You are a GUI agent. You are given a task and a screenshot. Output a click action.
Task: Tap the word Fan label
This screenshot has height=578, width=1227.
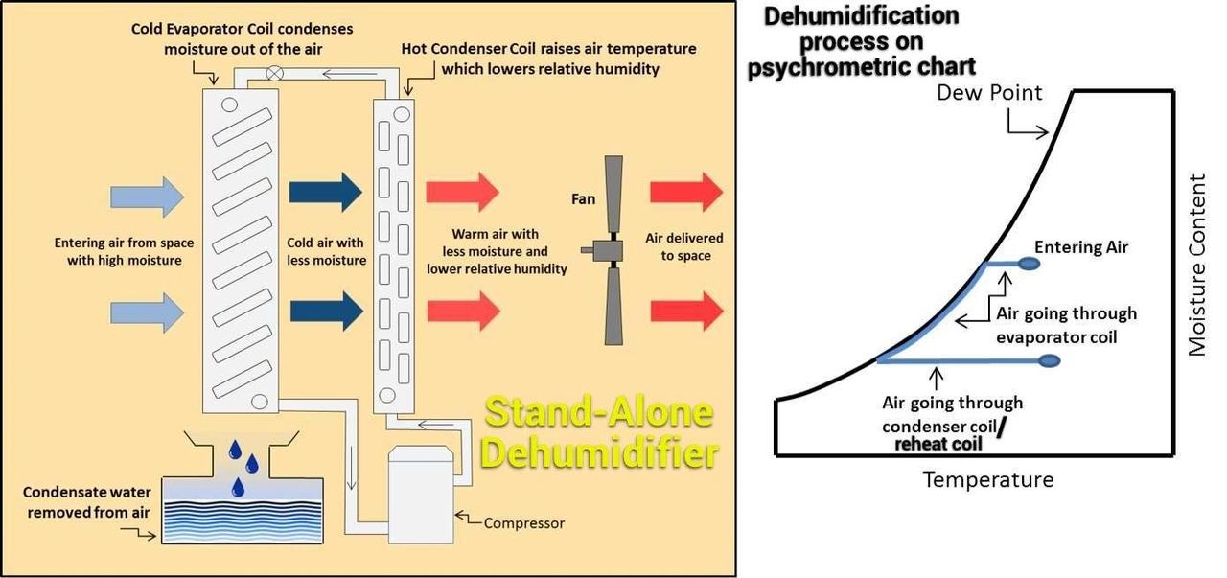pyautogui.click(x=583, y=200)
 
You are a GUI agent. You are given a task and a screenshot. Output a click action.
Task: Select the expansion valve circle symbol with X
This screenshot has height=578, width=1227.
pyautogui.click(x=275, y=71)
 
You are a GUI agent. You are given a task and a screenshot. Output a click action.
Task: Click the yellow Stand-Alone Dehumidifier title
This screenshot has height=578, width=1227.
pyautogui.click(x=601, y=432)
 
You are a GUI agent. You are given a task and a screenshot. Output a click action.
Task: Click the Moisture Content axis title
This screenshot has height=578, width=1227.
pyautogui.click(x=1198, y=265)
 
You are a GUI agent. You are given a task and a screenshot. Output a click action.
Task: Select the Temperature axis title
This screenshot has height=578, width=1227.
pyautogui.click(x=987, y=479)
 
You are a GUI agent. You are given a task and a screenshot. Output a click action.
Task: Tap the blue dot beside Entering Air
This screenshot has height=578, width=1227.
pyautogui.click(x=1028, y=263)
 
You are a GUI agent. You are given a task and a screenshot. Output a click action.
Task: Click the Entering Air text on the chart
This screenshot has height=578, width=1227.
pyautogui.click(x=1081, y=247)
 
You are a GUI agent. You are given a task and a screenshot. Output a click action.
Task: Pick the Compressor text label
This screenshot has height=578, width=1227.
pyautogui.click(x=523, y=523)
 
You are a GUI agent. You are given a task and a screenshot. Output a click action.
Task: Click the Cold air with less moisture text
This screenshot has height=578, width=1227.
pyautogui.click(x=326, y=252)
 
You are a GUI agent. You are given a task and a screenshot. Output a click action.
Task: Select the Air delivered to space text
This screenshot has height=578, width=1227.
pyautogui.click(x=685, y=246)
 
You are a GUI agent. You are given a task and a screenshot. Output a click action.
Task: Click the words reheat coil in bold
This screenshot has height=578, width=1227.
pyautogui.click(x=939, y=444)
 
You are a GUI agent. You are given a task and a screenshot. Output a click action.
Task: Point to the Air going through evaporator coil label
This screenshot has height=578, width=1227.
pyautogui.click(x=1066, y=325)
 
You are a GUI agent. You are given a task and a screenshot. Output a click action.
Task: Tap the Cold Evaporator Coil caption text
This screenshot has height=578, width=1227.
pyautogui.click(x=242, y=38)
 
